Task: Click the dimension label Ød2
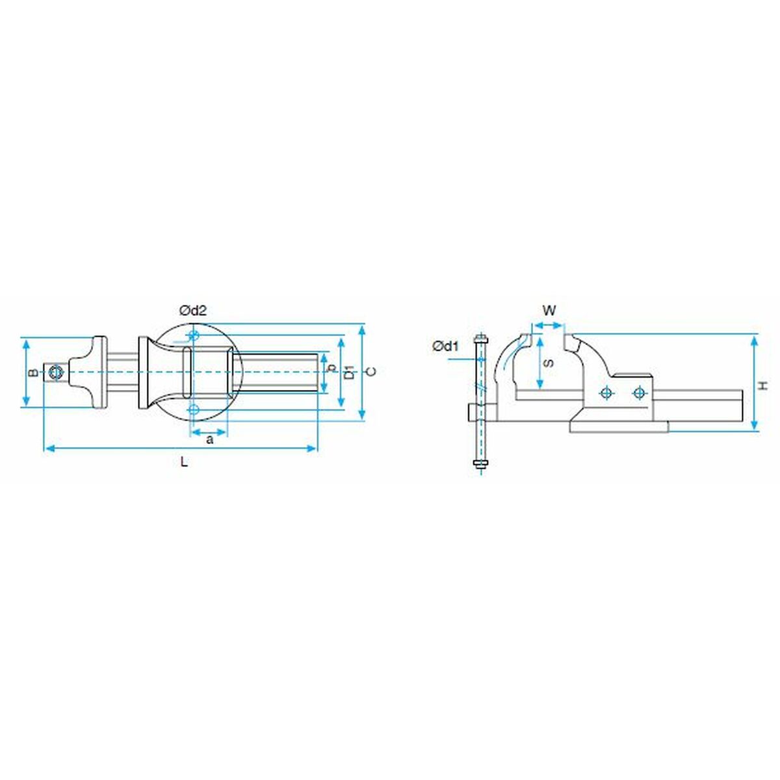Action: click(x=193, y=311)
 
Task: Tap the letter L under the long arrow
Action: click(x=185, y=463)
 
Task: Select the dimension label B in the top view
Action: click(x=31, y=372)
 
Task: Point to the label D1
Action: click(x=350, y=372)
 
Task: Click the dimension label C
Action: click(x=370, y=372)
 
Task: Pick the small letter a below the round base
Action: click(x=209, y=440)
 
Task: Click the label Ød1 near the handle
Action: click(x=446, y=346)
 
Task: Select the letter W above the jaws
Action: click(x=549, y=310)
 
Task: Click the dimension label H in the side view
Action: click(x=765, y=385)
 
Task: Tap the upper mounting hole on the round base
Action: click(x=193, y=335)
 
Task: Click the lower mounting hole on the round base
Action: click(x=193, y=409)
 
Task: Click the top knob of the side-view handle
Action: click(x=481, y=339)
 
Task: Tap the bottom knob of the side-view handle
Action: click(x=481, y=463)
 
